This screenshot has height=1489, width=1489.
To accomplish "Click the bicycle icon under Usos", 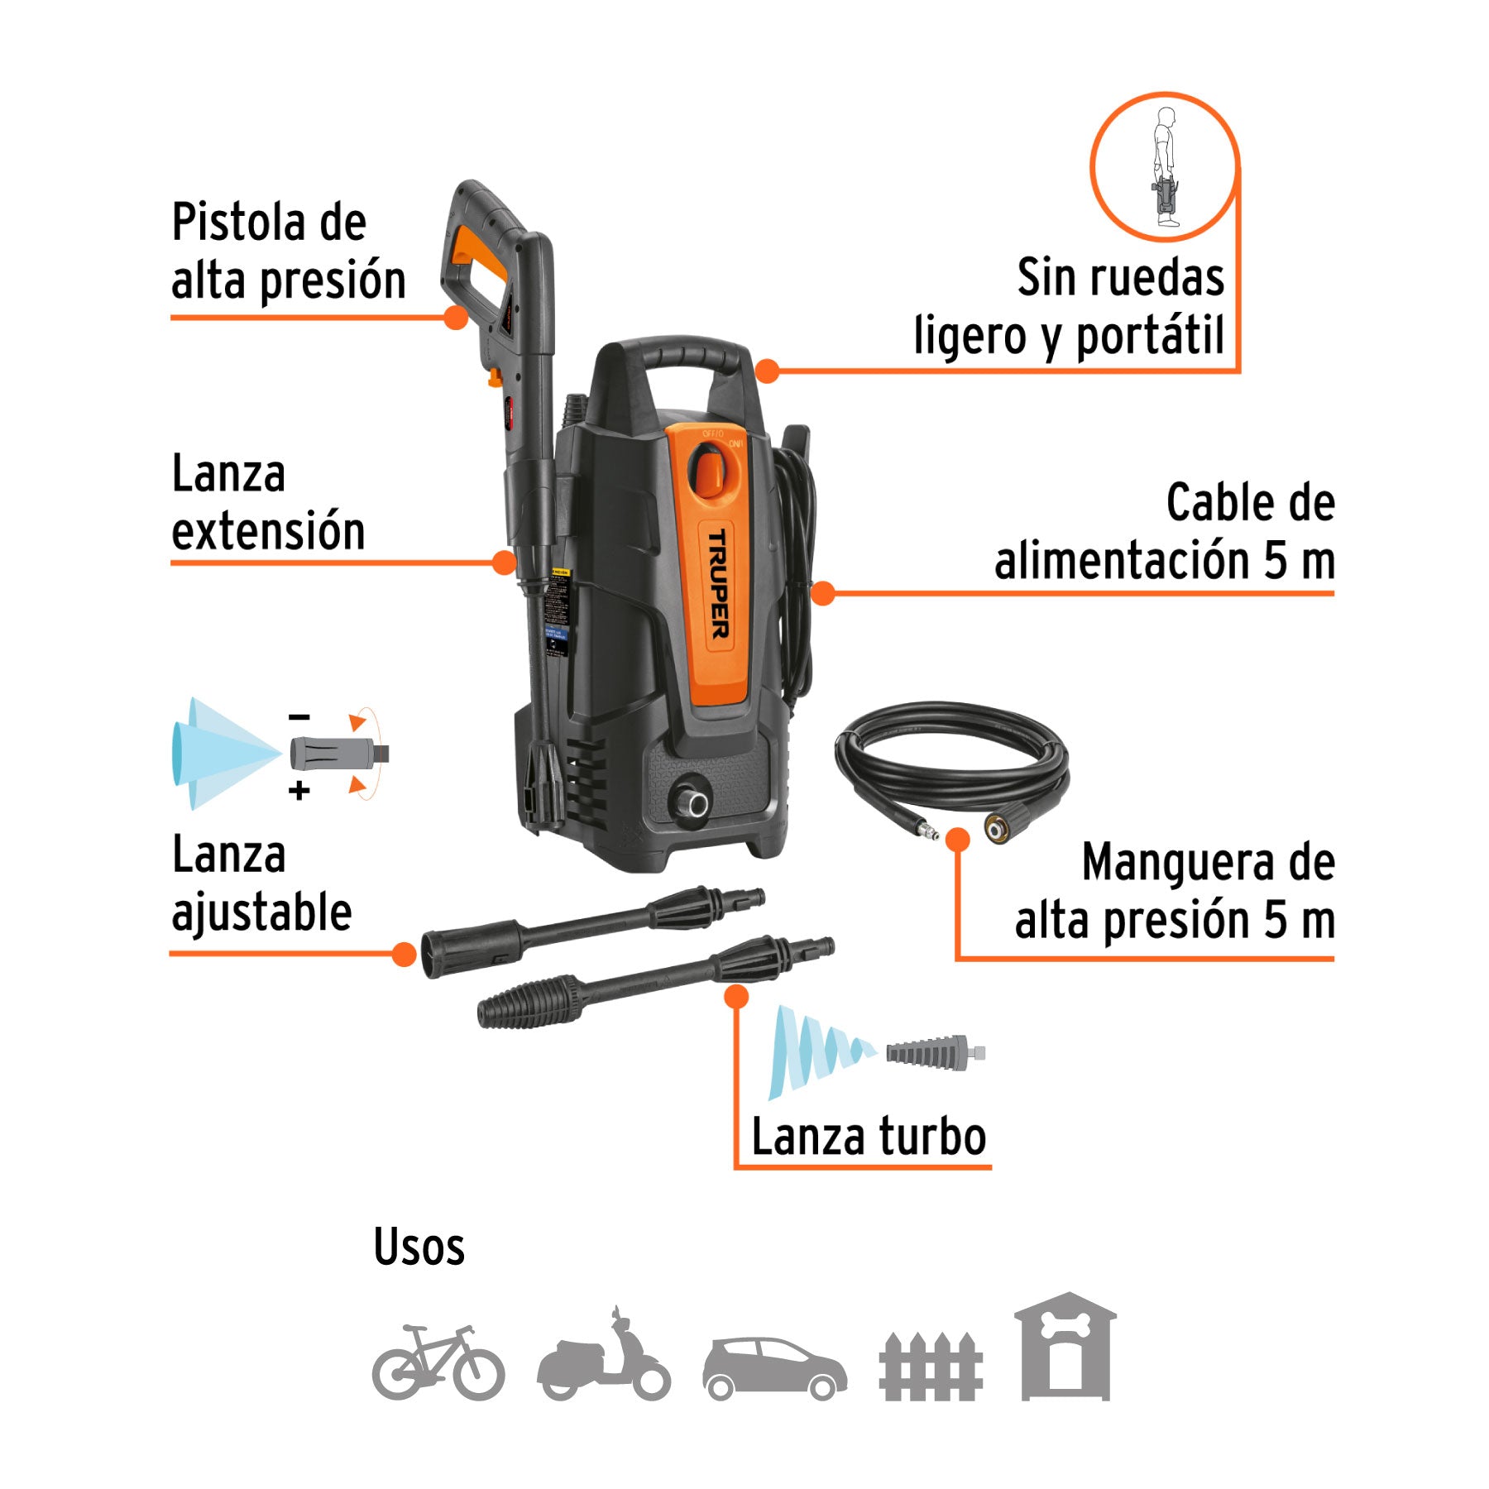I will tap(438, 1362).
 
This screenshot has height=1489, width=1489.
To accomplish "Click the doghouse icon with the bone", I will tap(1065, 1348).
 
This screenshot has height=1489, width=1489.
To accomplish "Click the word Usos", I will tap(419, 1247).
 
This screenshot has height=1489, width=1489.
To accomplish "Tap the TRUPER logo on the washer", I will tap(718, 584).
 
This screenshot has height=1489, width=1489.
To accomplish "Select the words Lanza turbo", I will tap(869, 1137).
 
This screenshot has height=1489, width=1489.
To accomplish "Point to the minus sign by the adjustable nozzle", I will tap(299, 717).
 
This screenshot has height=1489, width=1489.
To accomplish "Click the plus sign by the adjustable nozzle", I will tap(299, 791).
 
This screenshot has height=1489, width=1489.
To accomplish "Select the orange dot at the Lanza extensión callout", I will tap(504, 563).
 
